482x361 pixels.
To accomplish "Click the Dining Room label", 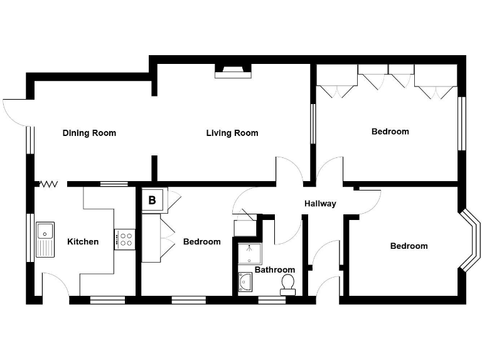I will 89,133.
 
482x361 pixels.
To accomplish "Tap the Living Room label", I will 232,133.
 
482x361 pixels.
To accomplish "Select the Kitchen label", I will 83,241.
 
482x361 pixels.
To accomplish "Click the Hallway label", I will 320,204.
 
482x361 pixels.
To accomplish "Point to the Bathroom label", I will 271,270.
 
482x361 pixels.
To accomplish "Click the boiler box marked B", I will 153,201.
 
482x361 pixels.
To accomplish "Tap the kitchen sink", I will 45,239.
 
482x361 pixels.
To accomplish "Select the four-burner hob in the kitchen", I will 124,239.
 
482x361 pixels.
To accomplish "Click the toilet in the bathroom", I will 288,284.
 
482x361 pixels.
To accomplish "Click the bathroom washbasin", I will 245,283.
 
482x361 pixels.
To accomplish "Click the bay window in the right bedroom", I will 471,241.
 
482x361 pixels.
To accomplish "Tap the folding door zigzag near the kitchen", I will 49,184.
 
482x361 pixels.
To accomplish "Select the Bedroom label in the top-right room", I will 390,132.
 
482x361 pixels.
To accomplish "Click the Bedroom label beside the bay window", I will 409,246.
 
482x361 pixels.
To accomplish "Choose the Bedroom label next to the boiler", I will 201,241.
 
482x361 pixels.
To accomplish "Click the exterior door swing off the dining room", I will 14,111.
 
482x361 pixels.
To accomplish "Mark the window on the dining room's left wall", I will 28,141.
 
